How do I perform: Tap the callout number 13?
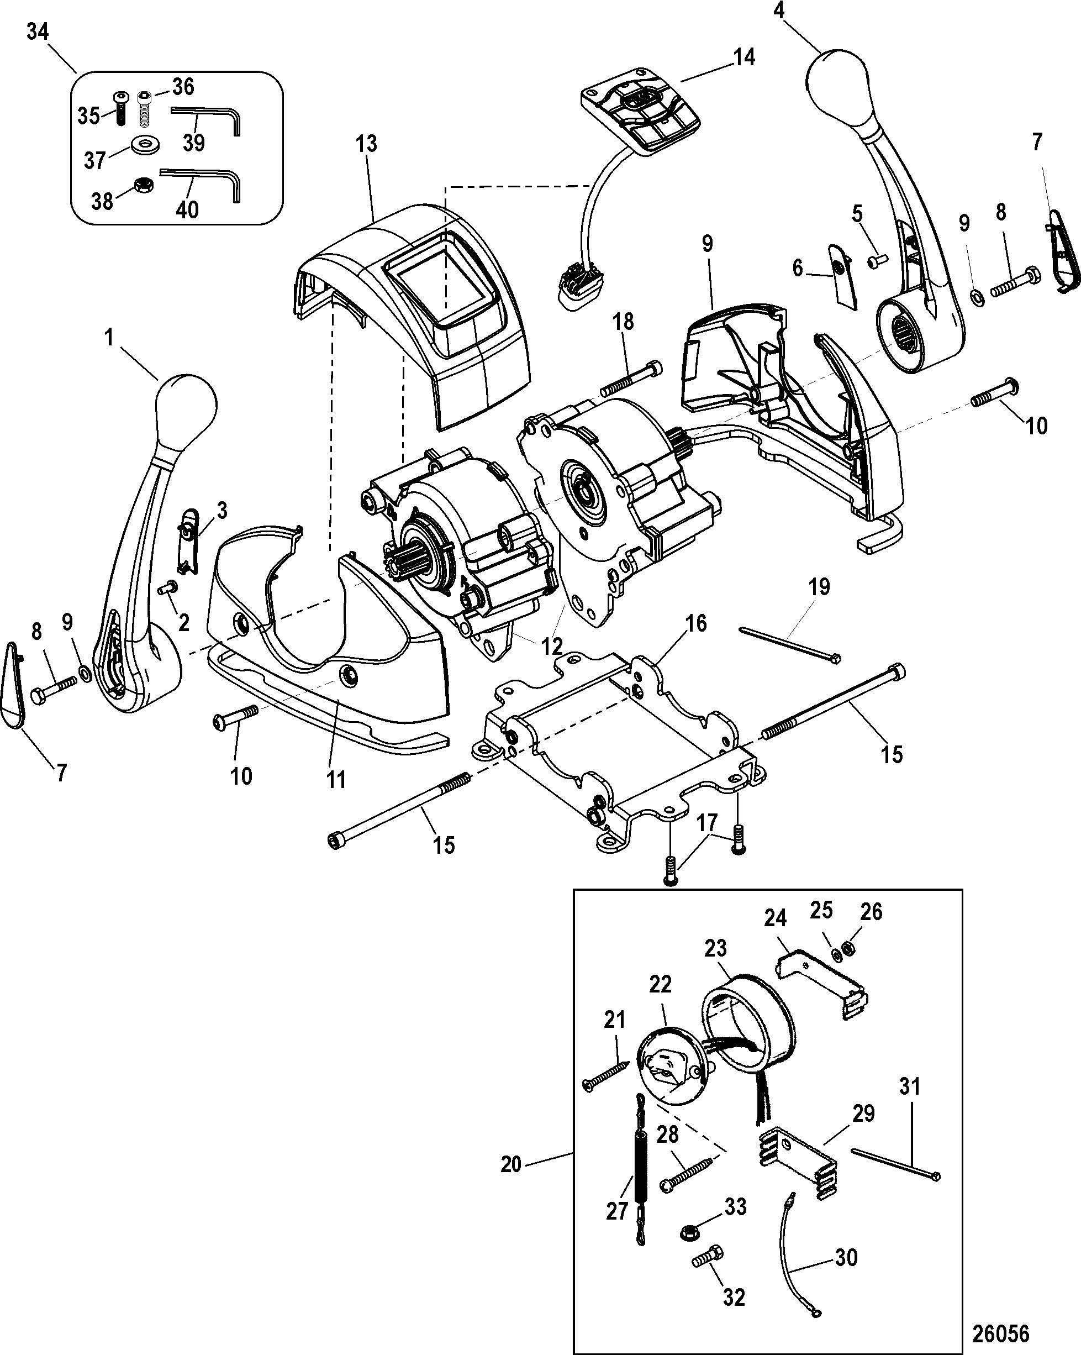pos(366,144)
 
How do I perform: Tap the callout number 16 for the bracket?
pos(695,624)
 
